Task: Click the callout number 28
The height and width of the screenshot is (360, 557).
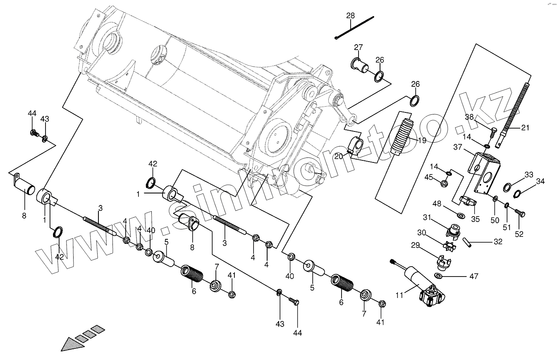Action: (350, 16)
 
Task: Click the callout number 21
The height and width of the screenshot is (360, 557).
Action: (525, 128)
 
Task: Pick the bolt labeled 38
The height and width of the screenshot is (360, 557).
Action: (492, 133)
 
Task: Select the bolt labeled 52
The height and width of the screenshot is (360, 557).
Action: (520, 213)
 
